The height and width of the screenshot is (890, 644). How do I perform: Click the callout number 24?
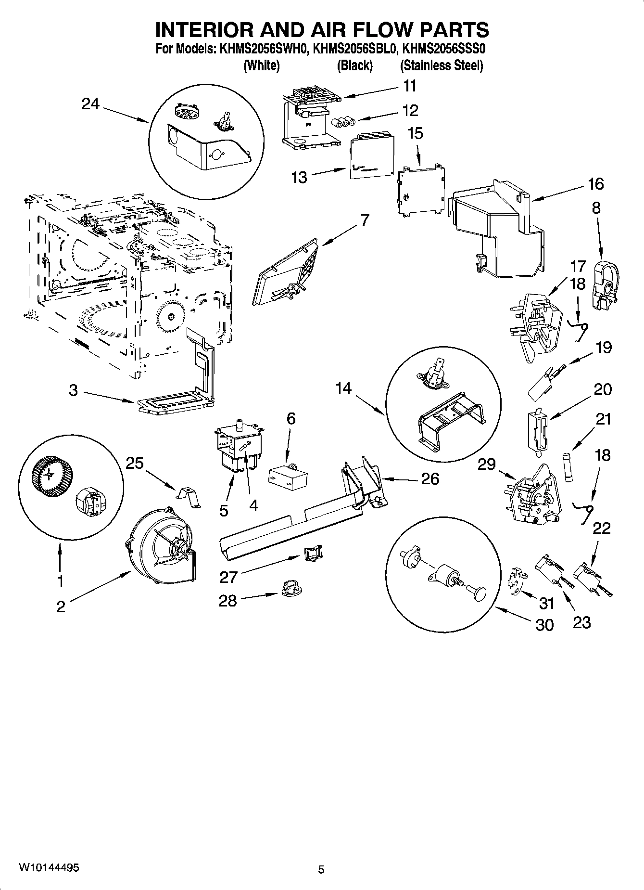pos(90,103)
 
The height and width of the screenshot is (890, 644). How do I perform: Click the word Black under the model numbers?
pos(354,65)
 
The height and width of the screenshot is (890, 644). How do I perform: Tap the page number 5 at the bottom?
pos(321,869)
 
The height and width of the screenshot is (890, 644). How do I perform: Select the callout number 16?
pos(595,183)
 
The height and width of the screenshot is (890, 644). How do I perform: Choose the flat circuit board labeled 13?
pos(371,155)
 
